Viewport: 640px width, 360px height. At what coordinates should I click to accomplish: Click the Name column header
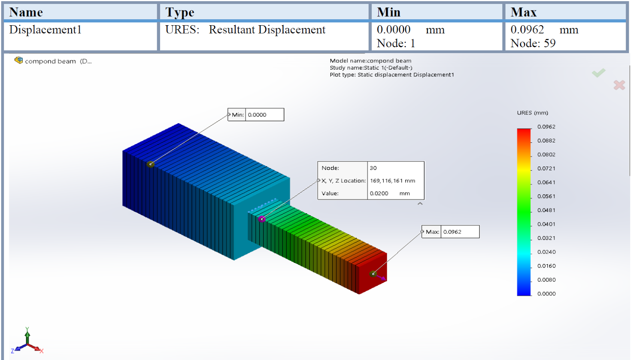26,12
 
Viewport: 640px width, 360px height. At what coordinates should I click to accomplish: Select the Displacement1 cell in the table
45,30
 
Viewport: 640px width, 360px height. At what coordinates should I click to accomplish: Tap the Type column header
180,12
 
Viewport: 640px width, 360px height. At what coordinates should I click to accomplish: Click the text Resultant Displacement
267,30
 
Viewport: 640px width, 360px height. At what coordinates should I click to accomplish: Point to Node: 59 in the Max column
533,43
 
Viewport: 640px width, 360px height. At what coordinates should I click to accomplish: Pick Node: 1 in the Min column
396,43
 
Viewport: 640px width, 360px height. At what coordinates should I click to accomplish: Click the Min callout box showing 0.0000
256,115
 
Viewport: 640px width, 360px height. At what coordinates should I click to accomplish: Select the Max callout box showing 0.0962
451,232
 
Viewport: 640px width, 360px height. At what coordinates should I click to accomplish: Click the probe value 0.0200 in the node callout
379,194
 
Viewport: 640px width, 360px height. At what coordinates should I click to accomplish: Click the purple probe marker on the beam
262,219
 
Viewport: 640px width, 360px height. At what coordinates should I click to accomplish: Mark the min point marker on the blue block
150,164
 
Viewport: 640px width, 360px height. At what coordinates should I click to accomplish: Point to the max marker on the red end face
373,274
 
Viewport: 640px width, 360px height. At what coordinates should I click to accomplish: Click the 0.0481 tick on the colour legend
546,210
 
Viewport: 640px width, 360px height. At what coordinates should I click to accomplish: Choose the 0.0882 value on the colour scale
546,141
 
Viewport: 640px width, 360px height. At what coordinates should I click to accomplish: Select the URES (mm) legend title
532,113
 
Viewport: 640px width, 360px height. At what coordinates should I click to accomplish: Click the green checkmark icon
599,73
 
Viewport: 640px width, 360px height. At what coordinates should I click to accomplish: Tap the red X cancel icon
619,85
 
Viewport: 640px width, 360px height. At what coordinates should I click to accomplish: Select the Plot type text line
392,75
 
